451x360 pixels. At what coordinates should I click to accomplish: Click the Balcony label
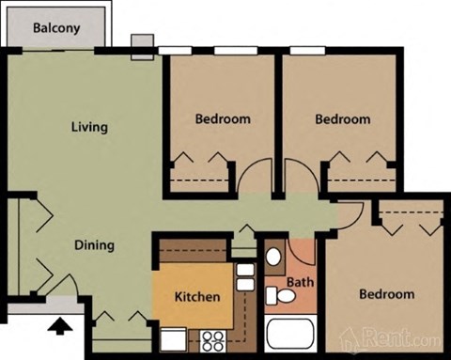[56, 27]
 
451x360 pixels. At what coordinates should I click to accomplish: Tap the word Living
[89, 127]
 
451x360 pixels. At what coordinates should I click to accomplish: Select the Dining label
[94, 245]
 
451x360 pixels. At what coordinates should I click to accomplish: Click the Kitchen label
[197, 297]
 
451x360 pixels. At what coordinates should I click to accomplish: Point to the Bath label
[300, 281]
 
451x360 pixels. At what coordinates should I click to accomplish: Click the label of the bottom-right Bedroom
[386, 294]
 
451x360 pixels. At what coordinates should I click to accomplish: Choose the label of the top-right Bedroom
[342, 119]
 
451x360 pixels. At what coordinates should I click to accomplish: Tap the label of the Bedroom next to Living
[223, 119]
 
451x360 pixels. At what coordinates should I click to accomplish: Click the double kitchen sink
[244, 276]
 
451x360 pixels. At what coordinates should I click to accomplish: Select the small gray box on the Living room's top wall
[141, 46]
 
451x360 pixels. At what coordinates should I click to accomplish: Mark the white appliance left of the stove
[172, 338]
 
